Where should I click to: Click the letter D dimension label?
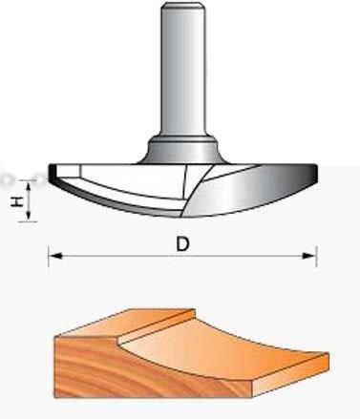[182, 244]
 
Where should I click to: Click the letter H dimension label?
[17, 201]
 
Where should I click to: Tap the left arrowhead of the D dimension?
[56, 256]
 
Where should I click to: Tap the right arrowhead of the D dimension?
[308, 256]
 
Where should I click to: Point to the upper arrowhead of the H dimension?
[29, 185]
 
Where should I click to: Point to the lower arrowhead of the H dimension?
[29, 215]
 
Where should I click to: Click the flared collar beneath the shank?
[183, 150]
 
